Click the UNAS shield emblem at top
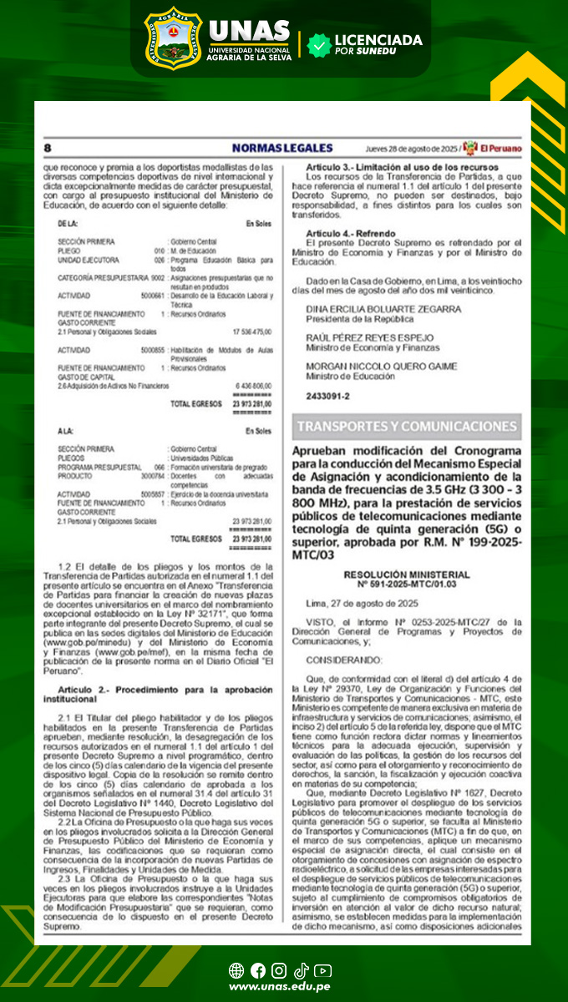[173, 38]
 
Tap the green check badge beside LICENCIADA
[318, 45]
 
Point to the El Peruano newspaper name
[500, 147]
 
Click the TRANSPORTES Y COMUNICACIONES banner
[407, 426]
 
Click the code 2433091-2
[327, 397]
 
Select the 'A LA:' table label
[66, 432]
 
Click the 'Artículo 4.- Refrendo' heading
[351, 232]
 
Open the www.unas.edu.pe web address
[279, 987]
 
